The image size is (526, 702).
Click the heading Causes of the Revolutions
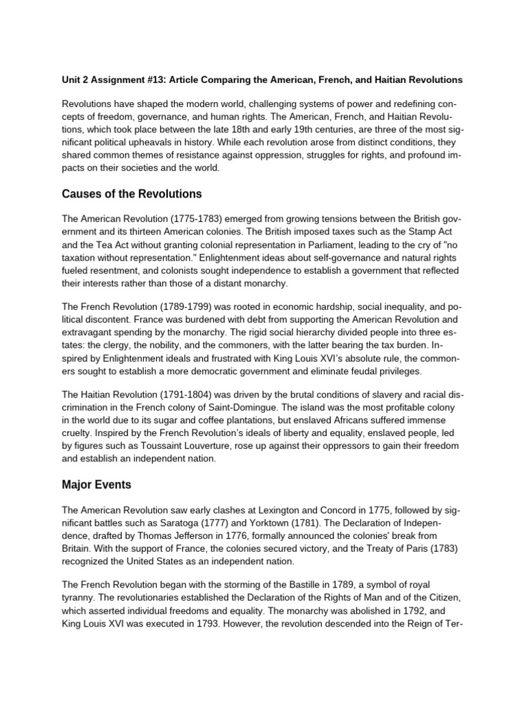click(131, 194)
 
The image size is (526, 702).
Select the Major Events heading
click(97, 485)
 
